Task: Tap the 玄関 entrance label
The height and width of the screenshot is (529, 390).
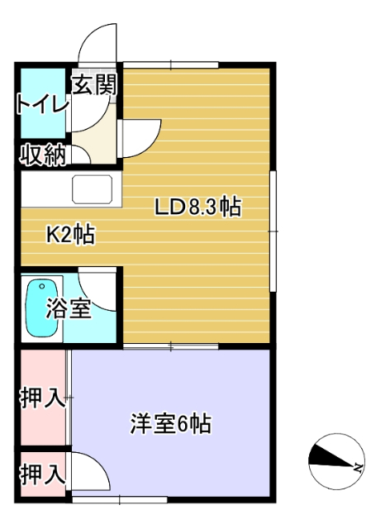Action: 93,85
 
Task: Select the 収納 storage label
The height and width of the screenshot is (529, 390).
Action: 43,155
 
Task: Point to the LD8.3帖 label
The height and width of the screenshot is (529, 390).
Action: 198,207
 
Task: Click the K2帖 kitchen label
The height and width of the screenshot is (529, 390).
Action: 69,235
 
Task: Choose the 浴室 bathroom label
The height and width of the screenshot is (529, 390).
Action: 68,310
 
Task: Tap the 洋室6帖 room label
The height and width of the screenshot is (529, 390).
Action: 171,425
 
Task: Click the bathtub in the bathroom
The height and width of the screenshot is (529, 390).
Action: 40,308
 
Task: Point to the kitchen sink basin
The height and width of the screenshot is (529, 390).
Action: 94,189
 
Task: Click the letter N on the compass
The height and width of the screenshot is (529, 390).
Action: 358,467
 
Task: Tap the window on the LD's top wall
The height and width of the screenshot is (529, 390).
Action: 171,64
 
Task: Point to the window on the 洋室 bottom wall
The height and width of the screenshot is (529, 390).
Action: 119,498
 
